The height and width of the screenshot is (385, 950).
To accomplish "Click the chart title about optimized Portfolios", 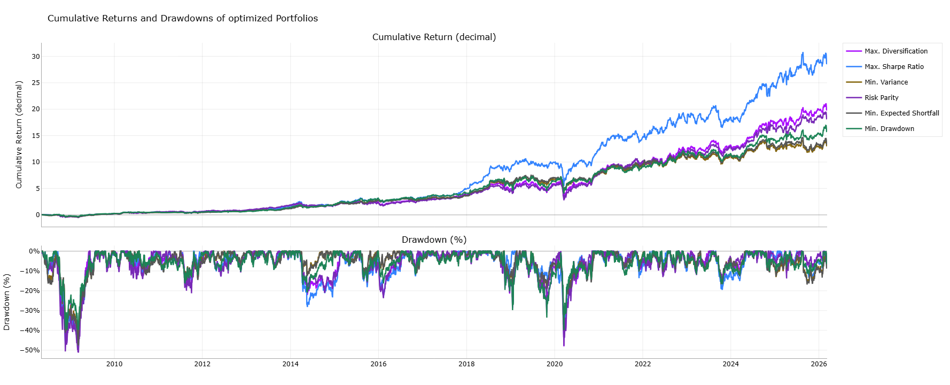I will pos(183,18).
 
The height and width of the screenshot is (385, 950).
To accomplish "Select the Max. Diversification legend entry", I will pos(896,51).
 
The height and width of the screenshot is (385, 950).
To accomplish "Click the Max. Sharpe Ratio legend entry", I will pos(894,67).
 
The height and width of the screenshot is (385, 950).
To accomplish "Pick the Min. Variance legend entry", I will pos(886,82).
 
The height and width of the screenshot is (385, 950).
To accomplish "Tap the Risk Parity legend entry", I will pos(881,98).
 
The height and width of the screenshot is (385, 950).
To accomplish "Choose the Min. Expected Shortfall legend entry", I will pos(901,113).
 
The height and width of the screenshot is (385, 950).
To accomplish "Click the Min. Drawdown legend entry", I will pos(889,129).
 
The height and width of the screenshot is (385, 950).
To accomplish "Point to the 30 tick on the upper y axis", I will pos(35,57).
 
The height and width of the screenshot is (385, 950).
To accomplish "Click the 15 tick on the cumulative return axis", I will pos(35,136).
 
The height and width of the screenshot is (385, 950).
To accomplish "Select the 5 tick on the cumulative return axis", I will pos(37,188).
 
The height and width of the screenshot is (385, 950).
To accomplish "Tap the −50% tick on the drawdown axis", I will pos(30,350).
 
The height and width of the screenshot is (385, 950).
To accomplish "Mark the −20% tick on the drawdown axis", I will pos(30,291).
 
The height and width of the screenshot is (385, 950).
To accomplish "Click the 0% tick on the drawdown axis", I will pos(34,251).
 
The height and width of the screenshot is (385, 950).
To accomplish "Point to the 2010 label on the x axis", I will pos(114,364).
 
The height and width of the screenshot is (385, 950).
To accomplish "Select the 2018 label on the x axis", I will pos(466,364).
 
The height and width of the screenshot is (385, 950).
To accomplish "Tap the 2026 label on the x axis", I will pos(819,364).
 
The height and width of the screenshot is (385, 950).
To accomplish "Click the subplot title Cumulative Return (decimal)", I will pos(434,37).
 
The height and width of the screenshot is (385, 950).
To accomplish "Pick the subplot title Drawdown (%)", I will pos(434,240).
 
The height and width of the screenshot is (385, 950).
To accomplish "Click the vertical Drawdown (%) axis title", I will pos(7,302).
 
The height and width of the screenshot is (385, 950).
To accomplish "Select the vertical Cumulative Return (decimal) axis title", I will pos(19,135).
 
